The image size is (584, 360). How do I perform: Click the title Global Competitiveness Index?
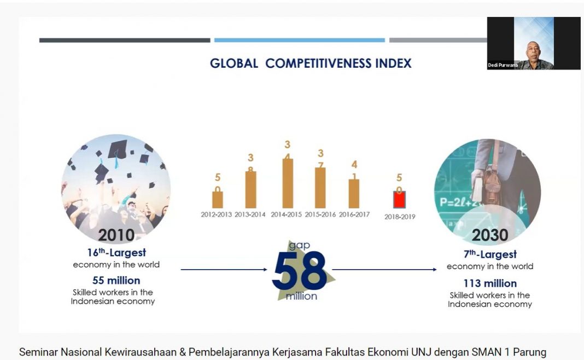[311, 63]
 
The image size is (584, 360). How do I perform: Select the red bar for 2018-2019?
[399, 199]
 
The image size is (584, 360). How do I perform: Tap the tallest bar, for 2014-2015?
[288, 183]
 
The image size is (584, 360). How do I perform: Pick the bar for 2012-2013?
[217, 200]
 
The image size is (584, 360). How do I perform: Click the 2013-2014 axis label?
[250, 214]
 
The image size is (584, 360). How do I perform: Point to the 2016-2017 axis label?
[354, 214]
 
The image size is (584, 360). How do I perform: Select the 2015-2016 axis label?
[320, 214]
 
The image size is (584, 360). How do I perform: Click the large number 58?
[299, 271]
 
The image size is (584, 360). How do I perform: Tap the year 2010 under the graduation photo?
[116, 235]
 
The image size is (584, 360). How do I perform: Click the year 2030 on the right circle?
[490, 235]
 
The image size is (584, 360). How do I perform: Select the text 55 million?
[116, 281]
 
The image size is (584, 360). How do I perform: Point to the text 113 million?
[490, 283]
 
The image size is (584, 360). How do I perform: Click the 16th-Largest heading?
[116, 253]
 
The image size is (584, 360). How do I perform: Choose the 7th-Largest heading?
[490, 254]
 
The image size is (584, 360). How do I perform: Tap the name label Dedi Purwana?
[503, 65]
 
